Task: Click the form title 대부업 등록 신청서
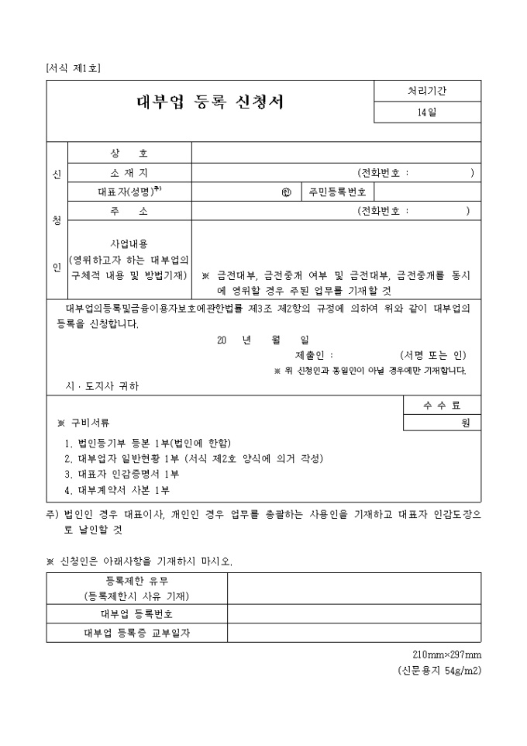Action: (210, 102)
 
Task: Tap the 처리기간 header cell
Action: (427, 91)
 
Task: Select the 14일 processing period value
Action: (427, 112)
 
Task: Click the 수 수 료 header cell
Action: (442, 406)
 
